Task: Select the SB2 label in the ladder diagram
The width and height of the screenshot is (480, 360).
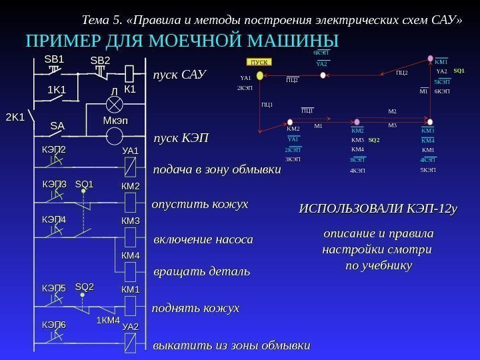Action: tap(100, 61)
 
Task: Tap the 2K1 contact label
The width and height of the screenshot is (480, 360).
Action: tap(15, 117)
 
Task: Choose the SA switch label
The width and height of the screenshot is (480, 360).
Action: tap(57, 125)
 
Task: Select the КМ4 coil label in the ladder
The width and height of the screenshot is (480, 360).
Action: tap(130, 255)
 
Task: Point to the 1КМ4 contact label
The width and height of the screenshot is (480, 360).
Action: tap(108, 321)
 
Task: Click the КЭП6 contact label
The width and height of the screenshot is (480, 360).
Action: tap(54, 324)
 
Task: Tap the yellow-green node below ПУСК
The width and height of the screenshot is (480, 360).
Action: tap(261, 75)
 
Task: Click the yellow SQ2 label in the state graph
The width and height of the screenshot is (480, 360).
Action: tap(373, 141)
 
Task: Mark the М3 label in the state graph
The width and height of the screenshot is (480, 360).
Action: tap(392, 125)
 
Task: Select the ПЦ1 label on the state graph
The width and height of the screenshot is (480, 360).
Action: tap(267, 105)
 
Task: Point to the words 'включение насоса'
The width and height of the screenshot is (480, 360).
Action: tap(203, 239)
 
